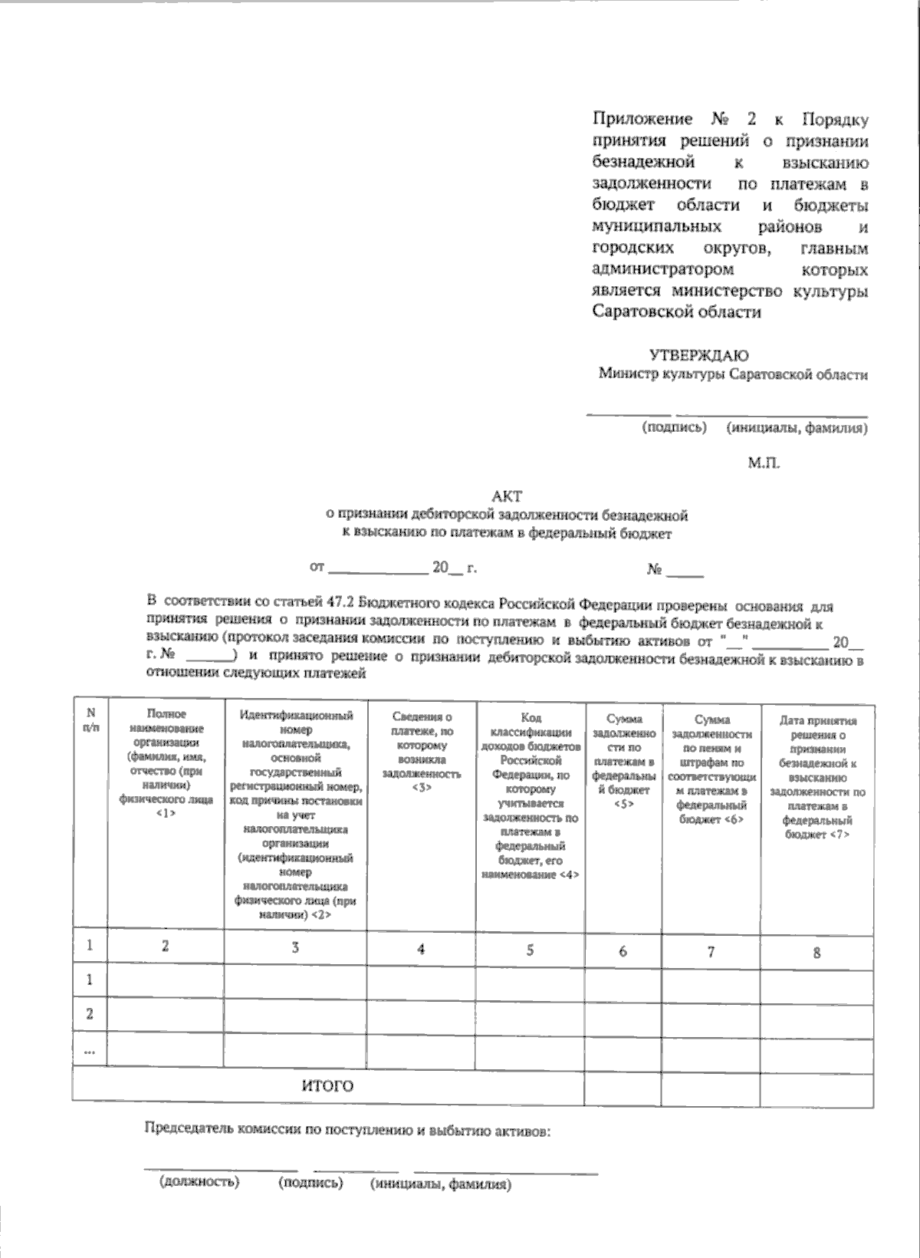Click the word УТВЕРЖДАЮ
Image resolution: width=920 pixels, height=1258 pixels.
[x=698, y=355]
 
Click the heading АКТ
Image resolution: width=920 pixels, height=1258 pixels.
[x=507, y=497]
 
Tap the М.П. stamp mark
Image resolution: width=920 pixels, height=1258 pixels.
[x=764, y=463]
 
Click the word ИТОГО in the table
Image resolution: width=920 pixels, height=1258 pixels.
[x=327, y=1086]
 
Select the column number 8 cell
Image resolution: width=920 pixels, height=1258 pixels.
[x=816, y=953]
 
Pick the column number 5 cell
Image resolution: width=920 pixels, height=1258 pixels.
[x=530, y=950]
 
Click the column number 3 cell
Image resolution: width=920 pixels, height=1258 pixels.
[x=295, y=947]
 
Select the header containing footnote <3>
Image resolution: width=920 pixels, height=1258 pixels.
[x=422, y=752]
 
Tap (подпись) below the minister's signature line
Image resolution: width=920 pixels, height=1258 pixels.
[x=674, y=427]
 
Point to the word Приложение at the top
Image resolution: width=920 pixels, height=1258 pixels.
[x=642, y=120]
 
